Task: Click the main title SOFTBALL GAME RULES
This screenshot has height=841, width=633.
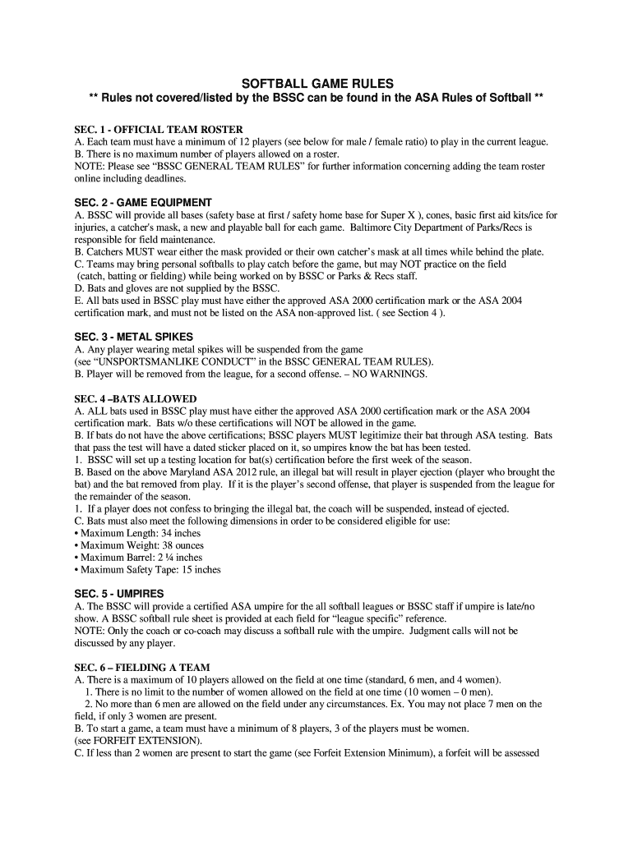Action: pyautogui.click(x=316, y=83)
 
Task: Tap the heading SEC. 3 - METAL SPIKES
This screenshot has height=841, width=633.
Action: pyautogui.click(x=133, y=337)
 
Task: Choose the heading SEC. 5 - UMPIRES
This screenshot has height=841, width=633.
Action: pyautogui.click(x=119, y=593)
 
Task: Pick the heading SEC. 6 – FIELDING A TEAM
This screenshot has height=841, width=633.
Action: pyautogui.click(x=142, y=667)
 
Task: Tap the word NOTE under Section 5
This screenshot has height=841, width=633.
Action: pyautogui.click(x=89, y=631)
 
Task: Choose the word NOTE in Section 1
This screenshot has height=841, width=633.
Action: pyautogui.click(x=89, y=166)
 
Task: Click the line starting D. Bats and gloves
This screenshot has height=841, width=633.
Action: pyautogui.click(x=177, y=288)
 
